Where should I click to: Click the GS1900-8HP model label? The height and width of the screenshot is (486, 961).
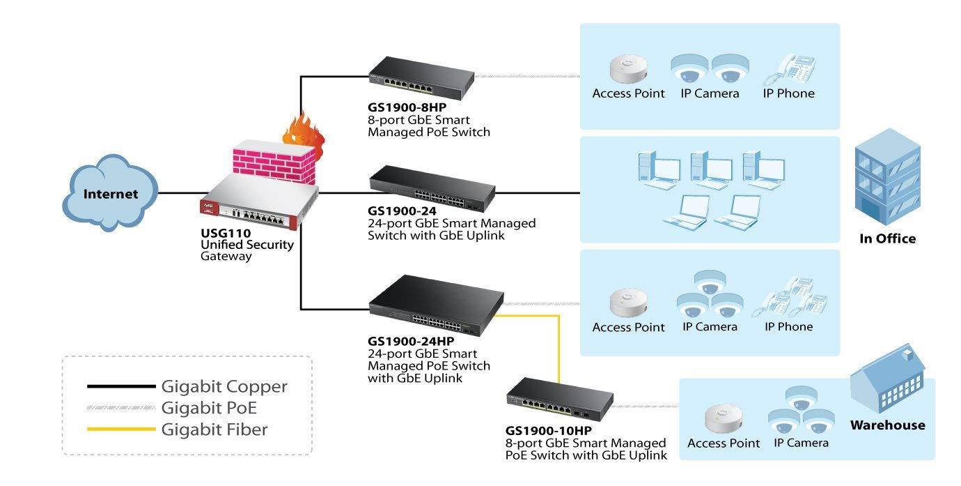pyautogui.click(x=407, y=108)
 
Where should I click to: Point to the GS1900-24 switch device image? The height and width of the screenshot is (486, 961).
pyautogui.click(x=432, y=188)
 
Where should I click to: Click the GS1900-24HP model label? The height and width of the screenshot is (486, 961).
pyautogui.click(x=411, y=341)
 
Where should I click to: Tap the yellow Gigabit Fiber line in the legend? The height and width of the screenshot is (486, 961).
pyautogui.click(x=120, y=430)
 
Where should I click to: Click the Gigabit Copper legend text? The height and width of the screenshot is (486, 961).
pyautogui.click(x=224, y=386)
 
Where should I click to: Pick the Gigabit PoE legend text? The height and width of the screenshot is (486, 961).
pyautogui.click(x=209, y=408)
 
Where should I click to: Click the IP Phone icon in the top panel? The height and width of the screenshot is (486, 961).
pyautogui.click(x=788, y=70)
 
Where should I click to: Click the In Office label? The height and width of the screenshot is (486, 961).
pyautogui.click(x=887, y=238)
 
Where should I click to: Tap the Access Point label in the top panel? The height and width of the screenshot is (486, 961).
pyautogui.click(x=628, y=93)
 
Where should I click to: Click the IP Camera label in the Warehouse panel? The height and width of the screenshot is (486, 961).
pyautogui.click(x=801, y=443)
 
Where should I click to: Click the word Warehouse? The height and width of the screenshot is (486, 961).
pyautogui.click(x=887, y=425)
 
